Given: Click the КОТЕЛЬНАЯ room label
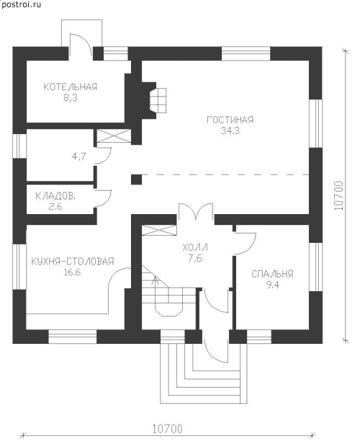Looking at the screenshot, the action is coord(70,86).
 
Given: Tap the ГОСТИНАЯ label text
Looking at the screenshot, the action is coord(230,120).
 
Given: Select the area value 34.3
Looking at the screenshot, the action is coord(230,131).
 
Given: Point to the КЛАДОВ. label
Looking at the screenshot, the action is coord(55,196).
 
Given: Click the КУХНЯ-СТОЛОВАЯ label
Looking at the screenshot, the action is coord(73,261).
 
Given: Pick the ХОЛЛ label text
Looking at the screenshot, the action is coord(195,247).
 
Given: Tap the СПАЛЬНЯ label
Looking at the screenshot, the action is coord(272,274).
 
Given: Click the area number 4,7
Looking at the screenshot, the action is coord(79,156).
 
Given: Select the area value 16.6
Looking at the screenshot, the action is coord(73,272).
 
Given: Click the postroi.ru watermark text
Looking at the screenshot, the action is coord(21,4).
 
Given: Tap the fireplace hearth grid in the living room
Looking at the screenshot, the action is coord(158,100).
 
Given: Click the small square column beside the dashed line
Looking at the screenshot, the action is coord(137,179).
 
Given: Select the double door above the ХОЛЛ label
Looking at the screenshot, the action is coord(195,211).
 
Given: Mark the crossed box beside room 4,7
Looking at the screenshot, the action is coord(114,136).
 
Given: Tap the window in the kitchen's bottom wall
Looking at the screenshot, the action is coord(73,337).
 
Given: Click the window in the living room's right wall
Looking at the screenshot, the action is coord(315,123).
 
